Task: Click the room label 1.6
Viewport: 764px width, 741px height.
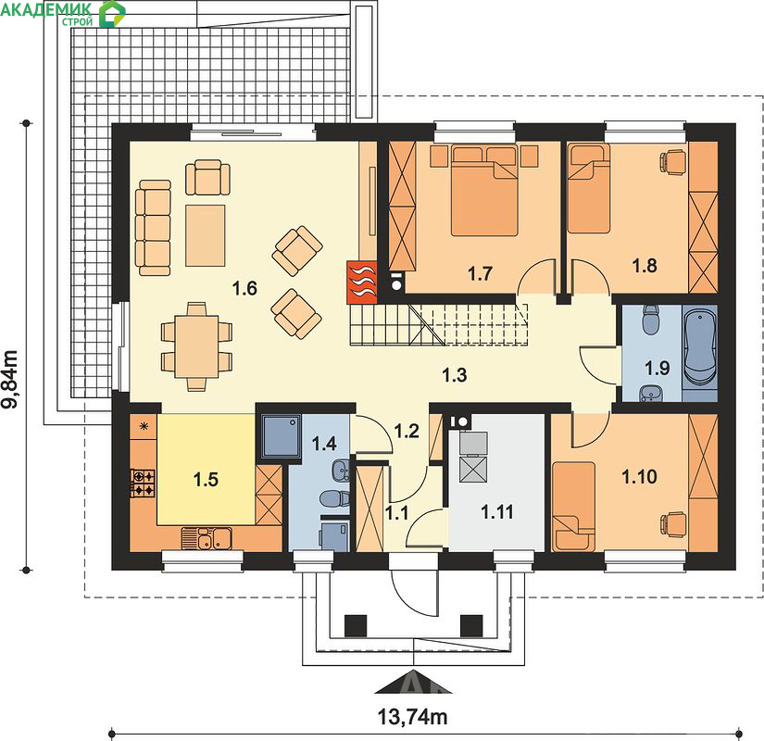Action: pyautogui.click(x=244, y=288)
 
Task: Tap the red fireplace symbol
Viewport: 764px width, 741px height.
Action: pyautogui.click(x=362, y=283)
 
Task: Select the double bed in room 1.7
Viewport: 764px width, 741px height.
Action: pyautogui.click(x=484, y=190)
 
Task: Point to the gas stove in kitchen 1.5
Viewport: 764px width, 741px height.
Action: pyautogui.click(x=143, y=483)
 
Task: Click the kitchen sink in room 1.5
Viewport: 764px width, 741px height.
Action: pyautogui.click(x=207, y=538)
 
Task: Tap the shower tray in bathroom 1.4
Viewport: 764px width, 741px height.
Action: pyautogui.click(x=282, y=436)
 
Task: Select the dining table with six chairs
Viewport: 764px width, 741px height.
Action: pyautogui.click(x=196, y=346)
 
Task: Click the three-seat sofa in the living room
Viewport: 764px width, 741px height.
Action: pyautogui.click(x=153, y=228)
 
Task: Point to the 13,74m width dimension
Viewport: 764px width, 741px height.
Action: pyautogui.click(x=412, y=717)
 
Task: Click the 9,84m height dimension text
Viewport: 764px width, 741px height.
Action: pyautogui.click(x=11, y=378)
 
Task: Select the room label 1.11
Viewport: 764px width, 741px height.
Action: pyautogui.click(x=496, y=512)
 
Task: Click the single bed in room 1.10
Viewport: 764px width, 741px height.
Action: pyautogui.click(x=573, y=507)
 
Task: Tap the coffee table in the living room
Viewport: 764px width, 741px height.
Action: pyautogui.click(x=206, y=235)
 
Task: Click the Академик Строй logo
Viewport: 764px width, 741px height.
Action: pyautogui.click(x=62, y=13)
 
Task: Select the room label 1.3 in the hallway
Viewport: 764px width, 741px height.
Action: pyautogui.click(x=454, y=375)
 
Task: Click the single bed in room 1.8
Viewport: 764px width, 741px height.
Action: pyautogui.click(x=589, y=188)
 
